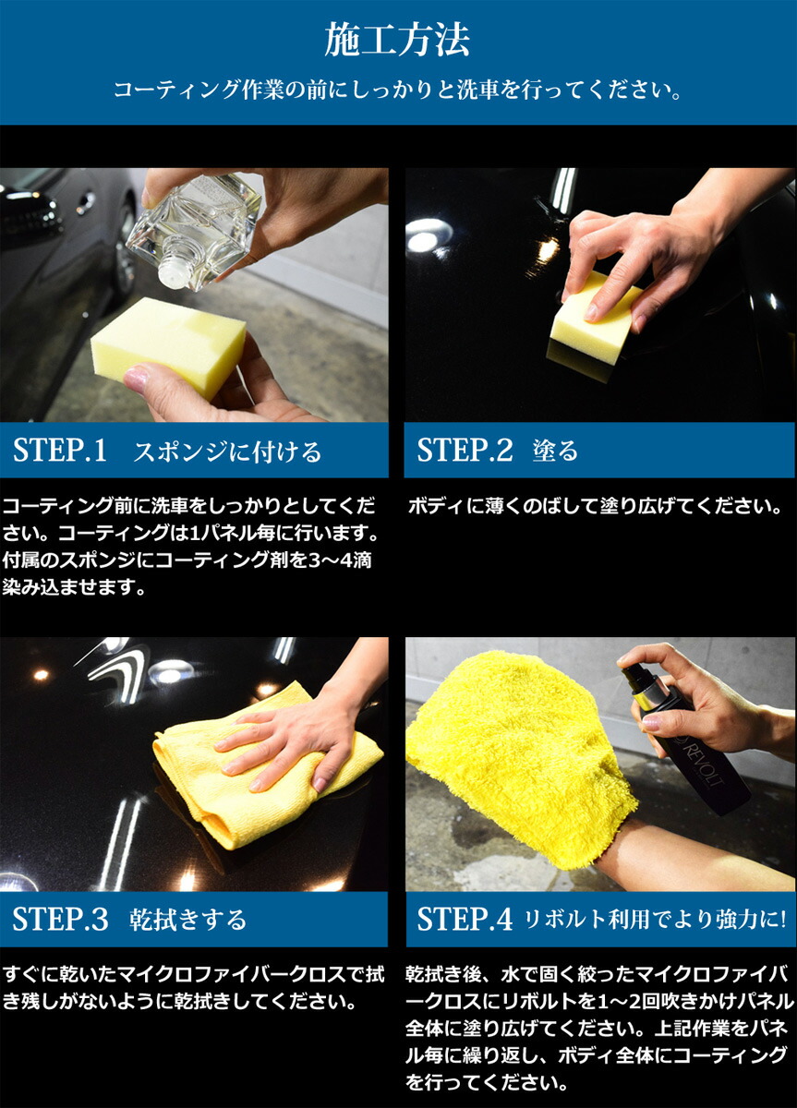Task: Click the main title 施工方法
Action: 397,41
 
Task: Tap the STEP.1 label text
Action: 60,451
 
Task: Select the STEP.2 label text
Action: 465,451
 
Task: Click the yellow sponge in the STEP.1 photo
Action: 168,343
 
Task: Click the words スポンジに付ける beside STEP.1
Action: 227,452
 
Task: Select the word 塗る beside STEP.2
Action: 555,451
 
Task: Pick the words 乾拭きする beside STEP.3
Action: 188,920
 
